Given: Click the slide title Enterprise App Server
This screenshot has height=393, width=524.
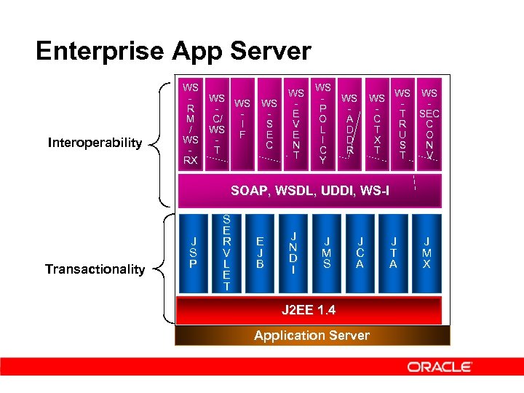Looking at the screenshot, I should pyautogui.click(x=173, y=52).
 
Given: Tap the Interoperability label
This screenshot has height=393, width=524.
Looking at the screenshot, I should pyautogui.click(x=95, y=143).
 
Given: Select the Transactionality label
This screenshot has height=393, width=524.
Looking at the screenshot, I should pyautogui.click(x=95, y=269).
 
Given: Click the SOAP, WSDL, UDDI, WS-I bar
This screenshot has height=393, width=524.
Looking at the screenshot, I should pyautogui.click(x=309, y=191).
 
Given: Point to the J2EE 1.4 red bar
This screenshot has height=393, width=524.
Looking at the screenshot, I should pyautogui.click(x=309, y=310).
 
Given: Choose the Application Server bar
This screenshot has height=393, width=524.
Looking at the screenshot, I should pyautogui.click(x=311, y=336).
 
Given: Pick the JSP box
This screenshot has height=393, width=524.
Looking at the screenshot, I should pyautogui.click(x=193, y=253).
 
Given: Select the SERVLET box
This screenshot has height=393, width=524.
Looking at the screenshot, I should pyautogui.click(x=226, y=253).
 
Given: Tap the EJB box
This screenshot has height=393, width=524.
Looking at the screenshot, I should pyautogui.click(x=260, y=253).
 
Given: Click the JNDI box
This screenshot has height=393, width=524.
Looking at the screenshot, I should pyautogui.click(x=293, y=253).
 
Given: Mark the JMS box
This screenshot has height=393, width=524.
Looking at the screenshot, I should pyautogui.click(x=327, y=253).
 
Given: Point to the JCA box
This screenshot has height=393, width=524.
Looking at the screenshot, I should pyautogui.click(x=360, y=253).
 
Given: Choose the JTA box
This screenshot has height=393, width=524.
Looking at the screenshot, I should pyautogui.click(x=394, y=253).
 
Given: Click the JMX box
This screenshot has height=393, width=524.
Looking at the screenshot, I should pyautogui.click(x=427, y=253).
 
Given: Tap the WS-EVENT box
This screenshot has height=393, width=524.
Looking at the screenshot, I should pyautogui.click(x=296, y=124).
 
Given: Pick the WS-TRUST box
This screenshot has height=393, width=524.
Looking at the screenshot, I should pyautogui.click(x=402, y=124).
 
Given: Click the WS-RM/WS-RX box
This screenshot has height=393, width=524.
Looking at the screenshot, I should pyautogui.click(x=191, y=124).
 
